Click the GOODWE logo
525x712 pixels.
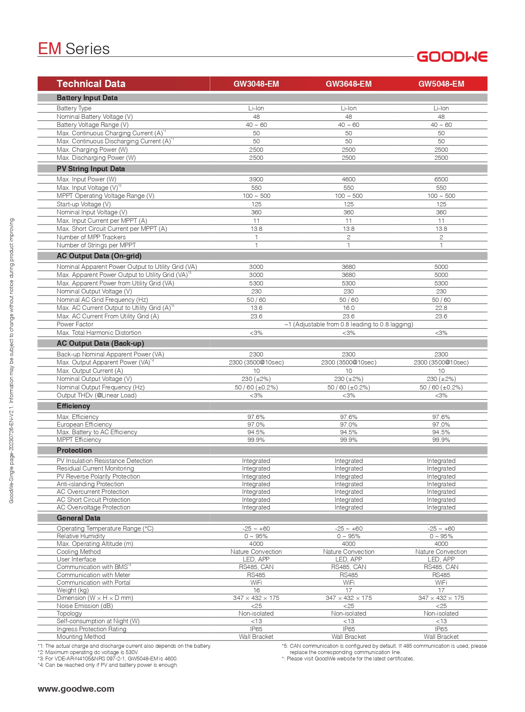pyautogui.click(x=452, y=57)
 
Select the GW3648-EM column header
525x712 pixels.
pyautogui.click(x=349, y=84)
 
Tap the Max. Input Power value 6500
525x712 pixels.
pyautogui.click(x=441, y=179)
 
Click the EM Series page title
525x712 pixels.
pyautogui.click(x=74, y=49)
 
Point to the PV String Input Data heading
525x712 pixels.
pyautogui.click(x=91, y=169)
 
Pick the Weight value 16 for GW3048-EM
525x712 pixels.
pyautogui.click(x=256, y=590)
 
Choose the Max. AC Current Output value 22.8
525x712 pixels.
pyautogui.click(x=441, y=308)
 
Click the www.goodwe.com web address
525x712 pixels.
pyautogui.click(x=76, y=689)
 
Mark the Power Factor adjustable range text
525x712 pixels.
pyautogui.click(x=349, y=324)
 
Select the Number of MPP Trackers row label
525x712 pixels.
pyautogui.click(x=91, y=237)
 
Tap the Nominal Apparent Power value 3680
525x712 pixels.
pyautogui.click(x=349, y=267)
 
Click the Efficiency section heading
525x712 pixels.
pyautogui.click(x=73, y=406)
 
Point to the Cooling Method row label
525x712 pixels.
pyautogui.click(x=79, y=552)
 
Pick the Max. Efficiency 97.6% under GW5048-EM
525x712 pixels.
pyautogui.click(x=441, y=417)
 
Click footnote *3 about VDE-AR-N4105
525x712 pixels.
pyautogui.click(x=108, y=658)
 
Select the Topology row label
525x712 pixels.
pyautogui.click(x=69, y=613)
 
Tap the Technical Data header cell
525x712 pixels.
pyautogui.click(x=91, y=84)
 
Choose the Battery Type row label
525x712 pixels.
pyautogui.click(x=74, y=108)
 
